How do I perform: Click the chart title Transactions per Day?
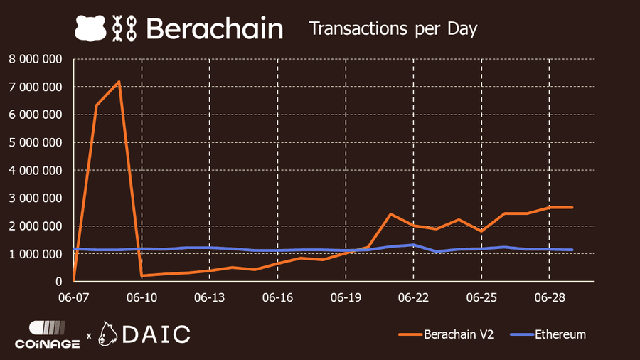[x=393, y=28]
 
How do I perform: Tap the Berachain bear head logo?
[x=89, y=28]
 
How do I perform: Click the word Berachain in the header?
[x=214, y=28]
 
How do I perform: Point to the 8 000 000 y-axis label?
[x=35, y=59]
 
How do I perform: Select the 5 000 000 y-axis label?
[x=35, y=142]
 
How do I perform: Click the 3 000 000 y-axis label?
[x=35, y=198]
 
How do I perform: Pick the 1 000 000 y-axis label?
[x=35, y=254]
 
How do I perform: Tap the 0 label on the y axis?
[x=59, y=282]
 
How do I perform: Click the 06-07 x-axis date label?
[x=74, y=296]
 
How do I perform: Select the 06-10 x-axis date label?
[x=142, y=296]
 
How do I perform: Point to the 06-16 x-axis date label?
[x=278, y=296]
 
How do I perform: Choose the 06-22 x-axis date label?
[x=414, y=296]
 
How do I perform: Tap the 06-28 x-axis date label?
[x=550, y=296]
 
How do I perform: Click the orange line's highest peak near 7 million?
[x=119, y=81]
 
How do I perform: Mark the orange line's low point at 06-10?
[x=142, y=275]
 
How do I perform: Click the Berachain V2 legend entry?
[x=452, y=334]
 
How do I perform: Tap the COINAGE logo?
[x=47, y=334]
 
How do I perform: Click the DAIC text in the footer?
[x=157, y=333]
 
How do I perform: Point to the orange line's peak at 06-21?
[x=390, y=214]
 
